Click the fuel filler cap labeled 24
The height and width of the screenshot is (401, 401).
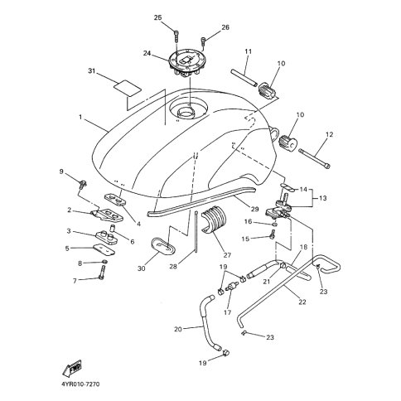coord(186,63)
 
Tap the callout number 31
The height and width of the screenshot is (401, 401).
coord(91,71)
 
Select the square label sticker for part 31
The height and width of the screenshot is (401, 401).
coord(128,88)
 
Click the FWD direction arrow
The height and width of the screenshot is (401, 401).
coord(72,369)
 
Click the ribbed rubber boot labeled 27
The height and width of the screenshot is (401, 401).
coord(214,220)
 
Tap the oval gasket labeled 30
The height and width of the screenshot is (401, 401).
coord(163,245)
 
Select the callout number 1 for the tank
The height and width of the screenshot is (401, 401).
coord(80,118)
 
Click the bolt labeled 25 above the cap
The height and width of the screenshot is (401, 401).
coord(176,36)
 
